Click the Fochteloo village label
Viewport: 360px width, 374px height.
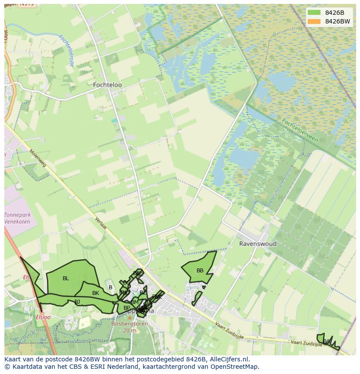pos(107,85)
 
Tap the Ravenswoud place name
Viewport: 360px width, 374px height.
pos(257,244)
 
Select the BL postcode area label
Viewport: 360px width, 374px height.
pos(66,278)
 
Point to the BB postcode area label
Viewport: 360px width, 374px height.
pos(200,271)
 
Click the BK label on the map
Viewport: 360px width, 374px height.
pos(96,293)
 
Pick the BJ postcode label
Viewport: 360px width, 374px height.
pos(77,301)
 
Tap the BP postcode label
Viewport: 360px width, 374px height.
pos(127,308)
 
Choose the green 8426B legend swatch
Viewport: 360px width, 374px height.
pos(314,13)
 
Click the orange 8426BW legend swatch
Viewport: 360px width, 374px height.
pos(314,21)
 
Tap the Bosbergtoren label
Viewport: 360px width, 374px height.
pos(130,324)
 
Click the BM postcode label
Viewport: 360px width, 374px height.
pos(134,302)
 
